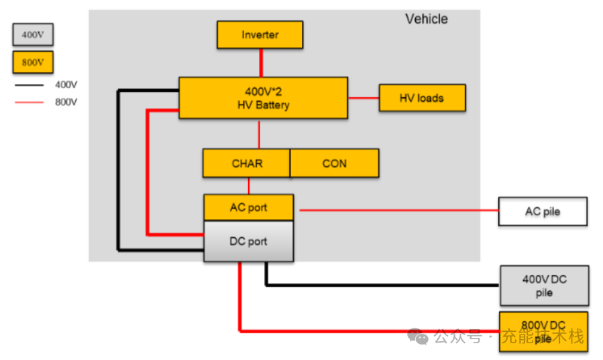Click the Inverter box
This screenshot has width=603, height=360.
(260, 35)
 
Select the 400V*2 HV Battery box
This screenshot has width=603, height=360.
(263, 98)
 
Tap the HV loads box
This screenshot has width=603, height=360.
(422, 98)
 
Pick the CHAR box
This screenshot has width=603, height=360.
(247, 164)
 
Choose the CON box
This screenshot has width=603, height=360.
(334, 164)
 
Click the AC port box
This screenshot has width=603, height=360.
(248, 208)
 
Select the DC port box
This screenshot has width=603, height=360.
(248, 241)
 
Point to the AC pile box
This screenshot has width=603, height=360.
(543, 211)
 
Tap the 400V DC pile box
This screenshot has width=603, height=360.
(544, 286)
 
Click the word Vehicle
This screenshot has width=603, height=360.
(426, 19)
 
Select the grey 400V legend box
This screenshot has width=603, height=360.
(33, 35)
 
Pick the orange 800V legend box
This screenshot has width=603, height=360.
(33, 62)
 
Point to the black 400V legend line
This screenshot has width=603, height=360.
(31, 85)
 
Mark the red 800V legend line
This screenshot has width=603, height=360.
(31, 103)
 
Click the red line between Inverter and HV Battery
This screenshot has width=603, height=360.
(260, 63)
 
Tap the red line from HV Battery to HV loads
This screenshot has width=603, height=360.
(364, 98)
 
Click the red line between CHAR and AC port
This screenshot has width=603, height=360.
(249, 186)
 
